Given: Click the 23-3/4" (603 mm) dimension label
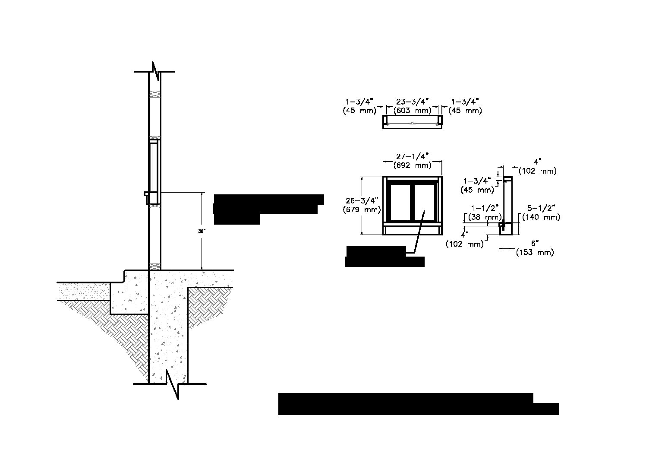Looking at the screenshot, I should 412,106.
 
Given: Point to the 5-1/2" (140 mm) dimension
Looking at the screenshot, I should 541,213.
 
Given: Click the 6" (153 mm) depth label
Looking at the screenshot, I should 535,248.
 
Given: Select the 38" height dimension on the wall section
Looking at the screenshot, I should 202,231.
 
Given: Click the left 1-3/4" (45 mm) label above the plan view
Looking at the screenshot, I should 359,106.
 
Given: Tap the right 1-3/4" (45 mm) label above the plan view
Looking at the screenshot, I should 465,106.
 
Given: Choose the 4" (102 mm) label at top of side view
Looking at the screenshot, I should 537,166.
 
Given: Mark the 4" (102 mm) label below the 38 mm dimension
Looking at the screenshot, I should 464,240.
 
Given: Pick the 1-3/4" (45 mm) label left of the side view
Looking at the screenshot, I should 478,185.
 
